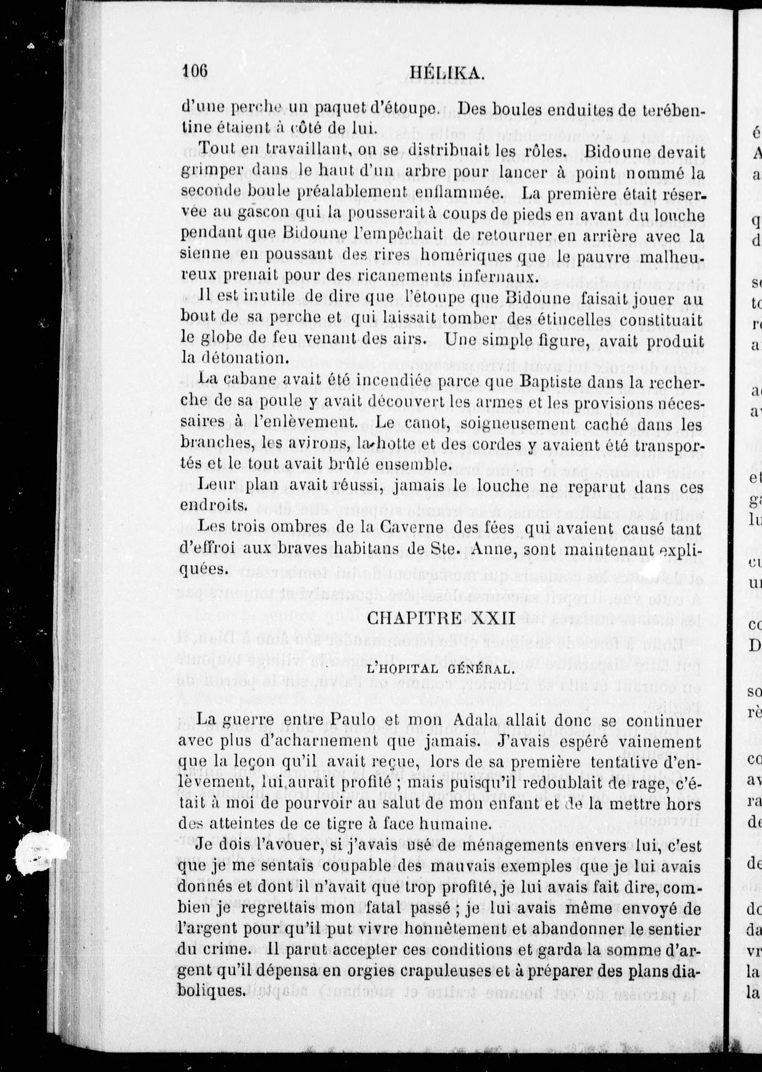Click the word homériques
(x=472, y=255)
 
